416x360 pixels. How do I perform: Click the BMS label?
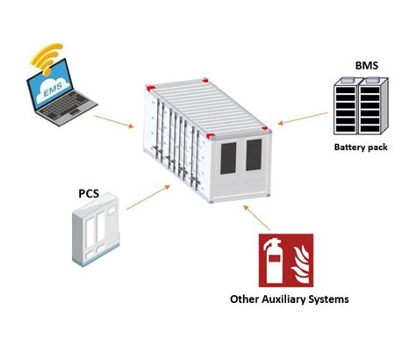367,65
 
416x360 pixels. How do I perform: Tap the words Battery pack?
361,147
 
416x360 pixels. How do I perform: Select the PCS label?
89,193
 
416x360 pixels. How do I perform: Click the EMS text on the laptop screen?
53,90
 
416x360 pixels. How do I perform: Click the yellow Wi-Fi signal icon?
47,60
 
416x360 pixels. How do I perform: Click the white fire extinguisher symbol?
273,261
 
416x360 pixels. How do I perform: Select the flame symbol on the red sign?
300,265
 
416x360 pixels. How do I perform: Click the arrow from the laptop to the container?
114,121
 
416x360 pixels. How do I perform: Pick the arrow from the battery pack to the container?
303,119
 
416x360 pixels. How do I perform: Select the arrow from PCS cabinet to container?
148,198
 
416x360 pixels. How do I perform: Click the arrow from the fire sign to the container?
256,218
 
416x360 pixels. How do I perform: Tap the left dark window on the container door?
228,158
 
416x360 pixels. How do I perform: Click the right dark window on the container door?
254,155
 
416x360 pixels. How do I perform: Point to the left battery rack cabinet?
347,106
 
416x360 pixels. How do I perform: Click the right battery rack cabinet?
373,106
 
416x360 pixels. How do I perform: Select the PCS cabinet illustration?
96,229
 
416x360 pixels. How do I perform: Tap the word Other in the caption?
245,299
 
